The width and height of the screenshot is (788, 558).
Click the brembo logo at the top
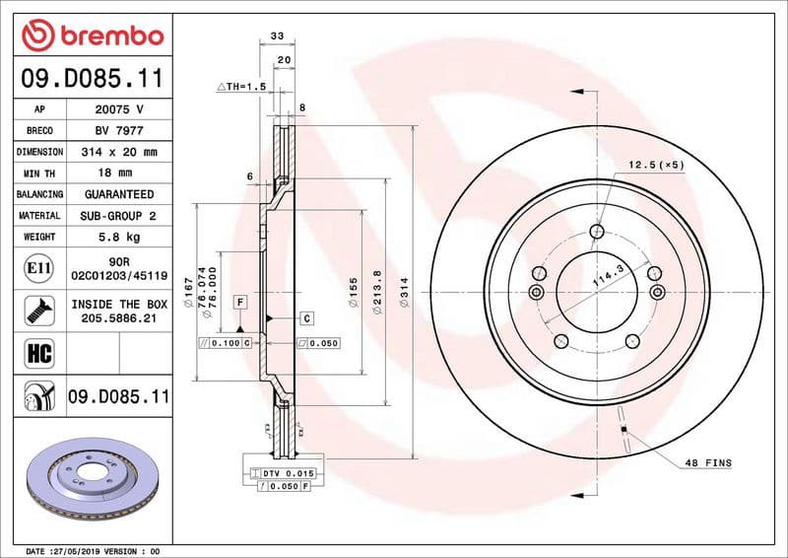click(93, 35)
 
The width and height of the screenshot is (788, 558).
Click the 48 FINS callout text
click(708, 462)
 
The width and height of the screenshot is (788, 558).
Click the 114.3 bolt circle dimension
click(608, 277)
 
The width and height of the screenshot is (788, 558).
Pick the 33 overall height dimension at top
click(277, 36)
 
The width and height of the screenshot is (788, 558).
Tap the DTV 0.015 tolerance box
click(287, 474)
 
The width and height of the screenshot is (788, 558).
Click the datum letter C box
click(306, 318)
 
